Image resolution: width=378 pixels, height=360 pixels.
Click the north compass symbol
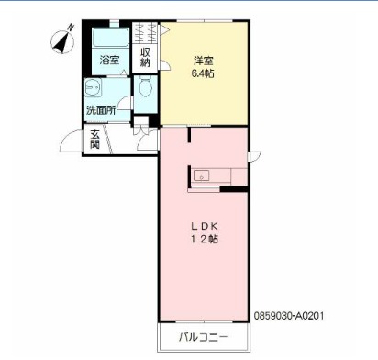(63, 40)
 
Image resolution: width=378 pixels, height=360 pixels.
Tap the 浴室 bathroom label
(109, 60)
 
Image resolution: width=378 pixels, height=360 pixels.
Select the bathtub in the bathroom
(110, 38)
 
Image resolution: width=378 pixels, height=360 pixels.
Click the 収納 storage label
(145, 57)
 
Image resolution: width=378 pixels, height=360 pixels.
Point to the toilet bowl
(146, 86)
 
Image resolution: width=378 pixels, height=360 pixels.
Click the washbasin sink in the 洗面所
(92, 87)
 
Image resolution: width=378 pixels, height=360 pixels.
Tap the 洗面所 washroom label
(101, 110)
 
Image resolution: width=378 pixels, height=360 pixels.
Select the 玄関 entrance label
(95, 140)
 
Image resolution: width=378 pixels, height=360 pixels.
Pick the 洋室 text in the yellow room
(203, 61)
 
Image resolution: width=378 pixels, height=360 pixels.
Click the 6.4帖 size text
(203, 73)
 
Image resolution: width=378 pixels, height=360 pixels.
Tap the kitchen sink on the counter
(202, 176)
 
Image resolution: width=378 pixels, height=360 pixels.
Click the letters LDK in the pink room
(205, 226)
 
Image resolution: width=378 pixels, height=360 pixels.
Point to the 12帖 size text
(205, 239)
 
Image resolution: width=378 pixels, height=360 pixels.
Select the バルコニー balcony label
(203, 337)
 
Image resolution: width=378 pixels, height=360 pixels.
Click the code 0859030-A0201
(289, 316)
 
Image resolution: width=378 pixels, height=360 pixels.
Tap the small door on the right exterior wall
(254, 156)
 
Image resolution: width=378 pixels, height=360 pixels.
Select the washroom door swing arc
(124, 103)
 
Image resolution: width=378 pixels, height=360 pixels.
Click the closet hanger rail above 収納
(145, 33)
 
